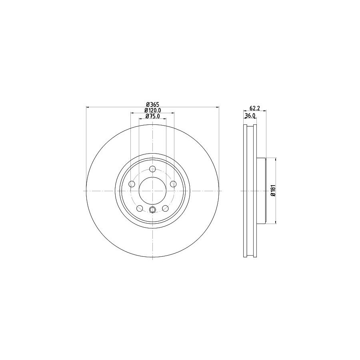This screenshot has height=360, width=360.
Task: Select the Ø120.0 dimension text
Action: [152, 110]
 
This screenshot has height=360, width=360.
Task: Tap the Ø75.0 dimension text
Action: [152, 116]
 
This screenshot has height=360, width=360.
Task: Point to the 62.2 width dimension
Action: [254, 108]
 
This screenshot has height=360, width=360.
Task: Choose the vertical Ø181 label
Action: [273, 190]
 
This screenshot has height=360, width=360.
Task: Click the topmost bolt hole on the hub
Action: [152, 169]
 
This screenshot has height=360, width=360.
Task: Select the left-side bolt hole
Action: [132, 184]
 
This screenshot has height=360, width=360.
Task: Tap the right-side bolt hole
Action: [173, 184]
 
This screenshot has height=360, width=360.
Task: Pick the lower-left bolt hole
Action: [140, 208]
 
